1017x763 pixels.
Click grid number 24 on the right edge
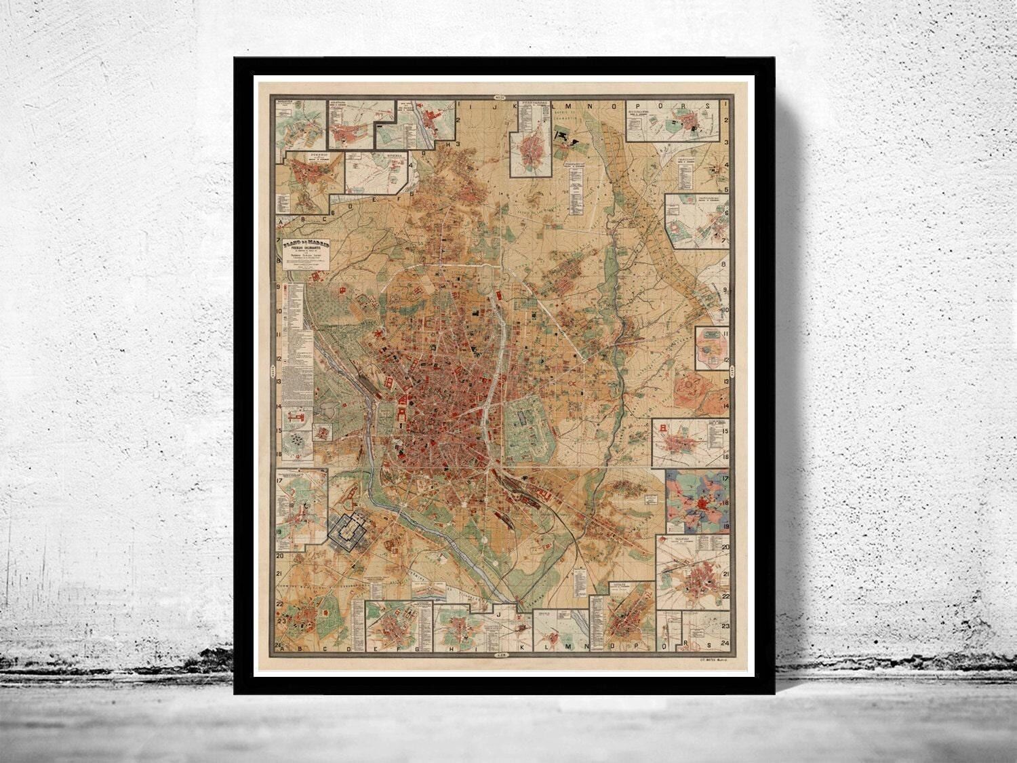point(725,643)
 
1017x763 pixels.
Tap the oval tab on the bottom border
point(502,655)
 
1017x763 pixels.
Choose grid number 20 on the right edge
point(725,547)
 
